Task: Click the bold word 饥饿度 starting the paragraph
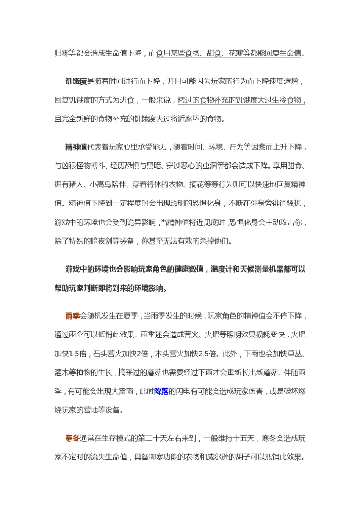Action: point(76,81)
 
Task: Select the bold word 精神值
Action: point(76,147)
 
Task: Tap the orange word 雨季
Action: point(72,316)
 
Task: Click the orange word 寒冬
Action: point(72,438)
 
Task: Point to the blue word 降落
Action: point(161,391)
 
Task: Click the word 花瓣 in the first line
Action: point(236,53)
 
